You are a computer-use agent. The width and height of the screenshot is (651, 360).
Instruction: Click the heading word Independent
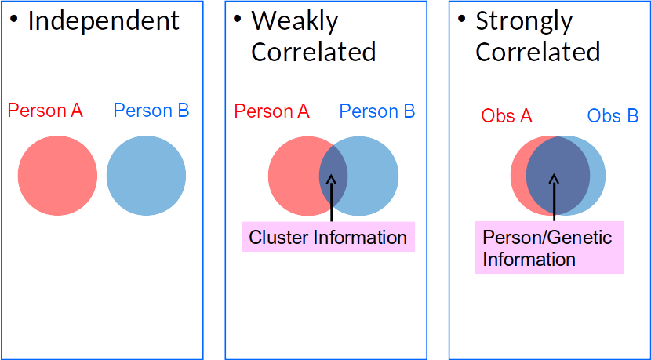click(104, 21)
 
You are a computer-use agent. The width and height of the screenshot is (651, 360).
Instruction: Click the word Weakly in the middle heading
click(295, 21)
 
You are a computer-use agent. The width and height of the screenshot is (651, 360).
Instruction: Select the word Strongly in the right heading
click(523, 21)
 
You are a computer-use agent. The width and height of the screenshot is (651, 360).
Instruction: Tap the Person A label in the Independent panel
click(45, 111)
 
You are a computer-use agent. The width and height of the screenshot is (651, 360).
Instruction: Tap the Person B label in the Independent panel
click(151, 111)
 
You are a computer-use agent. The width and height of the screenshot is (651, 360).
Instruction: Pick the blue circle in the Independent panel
click(146, 174)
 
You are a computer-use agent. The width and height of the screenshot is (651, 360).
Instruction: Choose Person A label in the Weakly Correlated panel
click(272, 111)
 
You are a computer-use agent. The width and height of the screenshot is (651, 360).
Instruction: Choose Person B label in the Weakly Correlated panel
click(377, 111)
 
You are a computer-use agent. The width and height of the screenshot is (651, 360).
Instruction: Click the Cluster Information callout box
click(328, 237)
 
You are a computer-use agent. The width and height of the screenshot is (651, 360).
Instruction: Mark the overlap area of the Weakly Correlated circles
click(333, 174)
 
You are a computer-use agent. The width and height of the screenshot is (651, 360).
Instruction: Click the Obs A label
click(507, 116)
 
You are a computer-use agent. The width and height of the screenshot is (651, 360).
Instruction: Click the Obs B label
click(613, 116)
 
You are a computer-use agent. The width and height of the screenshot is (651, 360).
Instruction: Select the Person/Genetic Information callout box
click(548, 248)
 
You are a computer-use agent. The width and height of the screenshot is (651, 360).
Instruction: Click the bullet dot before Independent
click(14, 17)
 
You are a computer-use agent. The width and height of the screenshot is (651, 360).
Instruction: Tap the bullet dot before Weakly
click(238, 17)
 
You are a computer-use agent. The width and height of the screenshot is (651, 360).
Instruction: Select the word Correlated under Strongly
click(537, 52)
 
